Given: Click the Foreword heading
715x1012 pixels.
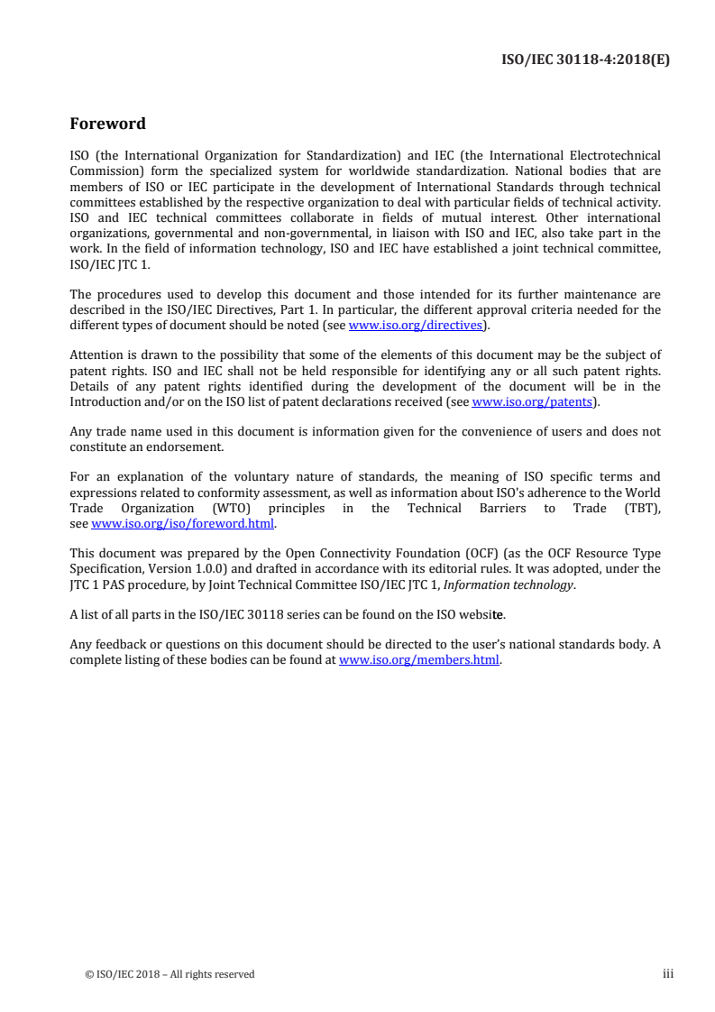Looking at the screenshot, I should click(x=107, y=124).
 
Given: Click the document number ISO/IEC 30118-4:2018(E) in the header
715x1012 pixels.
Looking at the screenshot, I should click(x=585, y=60).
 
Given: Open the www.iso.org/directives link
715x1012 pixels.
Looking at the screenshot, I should click(x=417, y=324).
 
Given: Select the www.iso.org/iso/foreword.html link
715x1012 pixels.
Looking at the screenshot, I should click(x=183, y=523).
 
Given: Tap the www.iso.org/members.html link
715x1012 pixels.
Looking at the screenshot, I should click(x=418, y=659).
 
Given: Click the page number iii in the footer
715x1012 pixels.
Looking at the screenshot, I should click(x=668, y=973).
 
